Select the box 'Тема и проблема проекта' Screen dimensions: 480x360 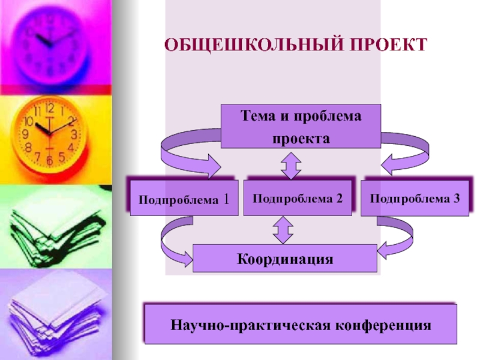[301, 126]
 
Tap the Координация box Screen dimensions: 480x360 [285, 259]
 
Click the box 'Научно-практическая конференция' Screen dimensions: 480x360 [301, 325]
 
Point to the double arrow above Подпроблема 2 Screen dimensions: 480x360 [291, 165]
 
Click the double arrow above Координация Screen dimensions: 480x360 [283, 230]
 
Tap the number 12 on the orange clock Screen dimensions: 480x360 [49, 109]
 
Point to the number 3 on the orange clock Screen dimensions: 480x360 [74, 134]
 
